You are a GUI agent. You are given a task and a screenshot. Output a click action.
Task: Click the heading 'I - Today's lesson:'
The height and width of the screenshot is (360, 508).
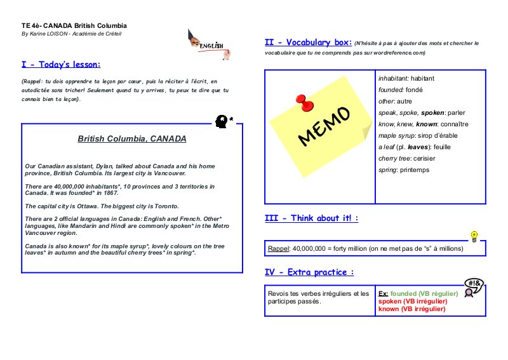(61, 64)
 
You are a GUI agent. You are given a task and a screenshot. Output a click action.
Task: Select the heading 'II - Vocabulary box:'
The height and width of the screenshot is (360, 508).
(308, 43)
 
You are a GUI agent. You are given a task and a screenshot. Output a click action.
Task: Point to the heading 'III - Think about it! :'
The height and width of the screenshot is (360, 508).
(311, 218)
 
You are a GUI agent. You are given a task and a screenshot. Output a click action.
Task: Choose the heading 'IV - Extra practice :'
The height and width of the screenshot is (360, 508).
(309, 272)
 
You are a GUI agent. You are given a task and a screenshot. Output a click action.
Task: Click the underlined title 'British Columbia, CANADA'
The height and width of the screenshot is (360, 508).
(132, 138)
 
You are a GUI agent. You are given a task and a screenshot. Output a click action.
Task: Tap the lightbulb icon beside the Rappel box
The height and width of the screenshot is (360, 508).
(473, 236)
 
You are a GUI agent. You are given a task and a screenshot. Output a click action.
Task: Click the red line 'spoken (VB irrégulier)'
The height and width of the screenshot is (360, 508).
(413, 301)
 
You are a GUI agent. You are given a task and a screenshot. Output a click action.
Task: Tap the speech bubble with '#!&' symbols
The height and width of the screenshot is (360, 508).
(474, 283)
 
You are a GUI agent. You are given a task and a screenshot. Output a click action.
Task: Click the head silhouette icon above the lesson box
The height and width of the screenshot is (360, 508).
(221, 119)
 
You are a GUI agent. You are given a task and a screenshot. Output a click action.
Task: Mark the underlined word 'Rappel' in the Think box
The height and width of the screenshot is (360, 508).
(278, 249)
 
